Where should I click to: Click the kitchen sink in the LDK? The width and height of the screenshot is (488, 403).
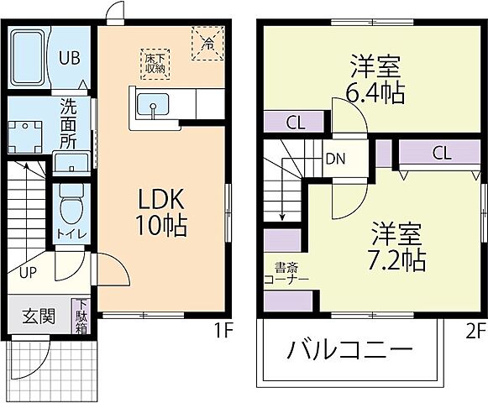(152, 107)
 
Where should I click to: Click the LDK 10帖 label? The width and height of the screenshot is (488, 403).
(162, 213)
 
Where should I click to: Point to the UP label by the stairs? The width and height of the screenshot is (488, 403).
(28, 273)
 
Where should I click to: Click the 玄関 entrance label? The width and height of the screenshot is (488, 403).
(39, 317)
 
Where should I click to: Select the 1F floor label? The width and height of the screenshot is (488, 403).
(222, 330)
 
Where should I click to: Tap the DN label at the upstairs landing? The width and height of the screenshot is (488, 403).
(333, 157)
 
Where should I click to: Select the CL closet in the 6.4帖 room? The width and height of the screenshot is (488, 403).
(294, 122)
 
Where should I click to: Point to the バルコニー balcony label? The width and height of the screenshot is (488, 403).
(352, 348)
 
